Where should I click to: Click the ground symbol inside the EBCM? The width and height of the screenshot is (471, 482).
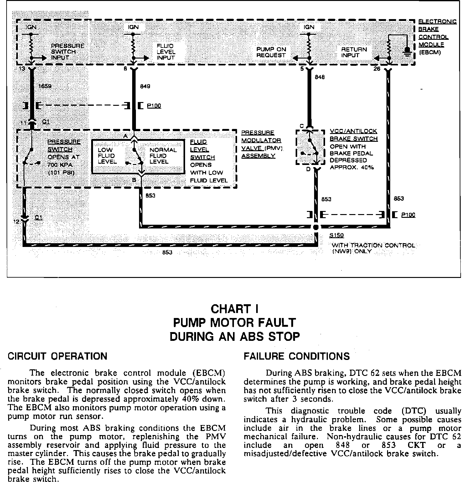pyautogui.click(x=407, y=51)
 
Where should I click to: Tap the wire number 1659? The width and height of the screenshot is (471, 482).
pyautogui.click(x=44, y=86)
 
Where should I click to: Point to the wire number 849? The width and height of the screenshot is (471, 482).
pyautogui.click(x=145, y=86)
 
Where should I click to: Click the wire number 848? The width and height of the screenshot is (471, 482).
pyautogui.click(x=320, y=77)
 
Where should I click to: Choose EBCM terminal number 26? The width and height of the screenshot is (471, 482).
pyautogui.click(x=377, y=69)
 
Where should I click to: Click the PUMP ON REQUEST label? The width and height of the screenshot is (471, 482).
pyautogui.click(x=271, y=52)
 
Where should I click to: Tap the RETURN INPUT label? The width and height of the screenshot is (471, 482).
pyautogui.click(x=354, y=52)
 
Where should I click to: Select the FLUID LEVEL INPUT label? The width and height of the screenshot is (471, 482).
pyautogui.click(x=166, y=52)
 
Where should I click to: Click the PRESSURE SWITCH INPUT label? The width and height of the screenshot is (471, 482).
pyautogui.click(x=67, y=52)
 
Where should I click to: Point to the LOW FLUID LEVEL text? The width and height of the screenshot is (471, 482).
pyautogui.click(x=107, y=156)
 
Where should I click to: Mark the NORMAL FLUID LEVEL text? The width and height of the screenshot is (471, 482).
pyautogui.click(x=163, y=156)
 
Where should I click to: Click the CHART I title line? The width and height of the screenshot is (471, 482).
pyautogui.click(x=235, y=309)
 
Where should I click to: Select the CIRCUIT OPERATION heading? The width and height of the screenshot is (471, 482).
pyautogui.click(x=57, y=356)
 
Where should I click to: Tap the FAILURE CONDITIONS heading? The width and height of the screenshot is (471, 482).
pyautogui.click(x=297, y=356)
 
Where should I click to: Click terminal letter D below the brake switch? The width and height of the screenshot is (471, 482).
pyautogui.click(x=308, y=169)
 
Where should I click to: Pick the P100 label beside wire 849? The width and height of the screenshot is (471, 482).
pyautogui.click(x=154, y=106)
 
